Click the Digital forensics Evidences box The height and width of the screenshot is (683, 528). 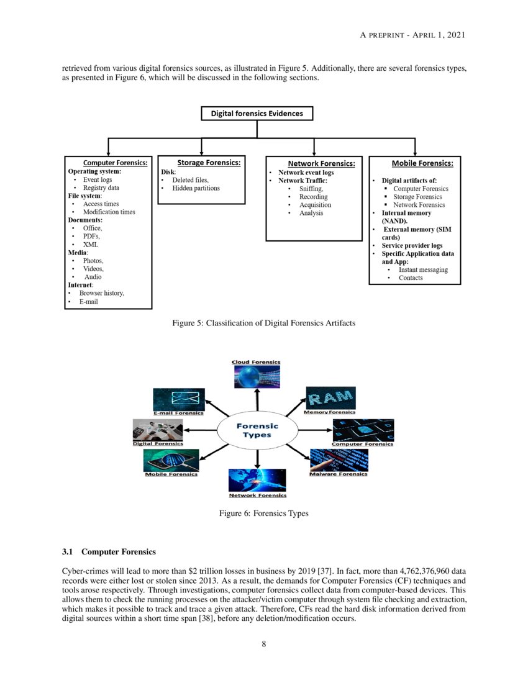(257, 114)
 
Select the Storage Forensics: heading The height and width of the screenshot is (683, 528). (209, 163)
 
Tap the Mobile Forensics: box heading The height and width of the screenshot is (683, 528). (422, 163)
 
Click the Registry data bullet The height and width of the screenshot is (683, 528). (101, 188)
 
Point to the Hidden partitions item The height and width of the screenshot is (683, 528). (196, 188)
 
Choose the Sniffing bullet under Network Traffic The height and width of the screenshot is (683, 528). (311, 189)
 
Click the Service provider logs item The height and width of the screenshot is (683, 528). (411, 245)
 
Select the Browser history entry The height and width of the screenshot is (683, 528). (101, 293)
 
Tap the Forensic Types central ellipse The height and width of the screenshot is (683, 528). (257, 430)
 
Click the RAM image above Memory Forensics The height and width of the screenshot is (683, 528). (331, 397)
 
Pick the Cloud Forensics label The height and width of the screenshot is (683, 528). (256, 362)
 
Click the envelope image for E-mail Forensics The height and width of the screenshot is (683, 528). (179, 399)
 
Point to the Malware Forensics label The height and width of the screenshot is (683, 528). (339, 474)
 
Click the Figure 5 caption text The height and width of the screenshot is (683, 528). (263, 323)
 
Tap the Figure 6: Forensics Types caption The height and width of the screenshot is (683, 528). (263, 513)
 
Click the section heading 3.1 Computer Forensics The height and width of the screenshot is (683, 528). (109, 551)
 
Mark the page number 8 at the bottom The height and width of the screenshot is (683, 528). (264, 644)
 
